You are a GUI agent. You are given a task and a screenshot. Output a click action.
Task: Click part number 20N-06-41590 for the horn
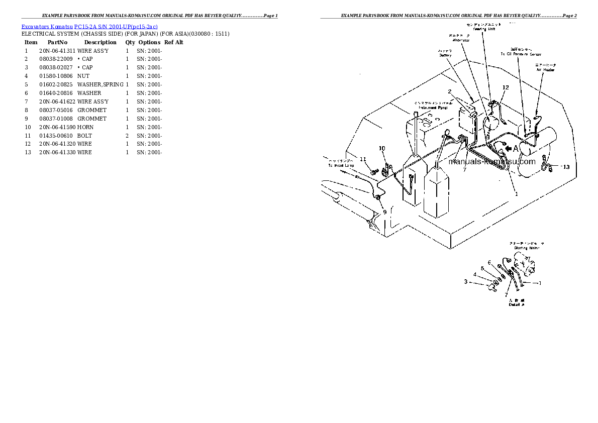click(57, 127)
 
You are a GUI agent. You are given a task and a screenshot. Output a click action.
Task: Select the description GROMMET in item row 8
click(91, 110)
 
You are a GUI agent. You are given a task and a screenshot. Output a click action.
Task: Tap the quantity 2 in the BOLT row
click(127, 136)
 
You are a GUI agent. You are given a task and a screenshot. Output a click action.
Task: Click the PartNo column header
click(57, 42)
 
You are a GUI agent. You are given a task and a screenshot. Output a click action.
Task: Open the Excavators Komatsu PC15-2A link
click(89, 26)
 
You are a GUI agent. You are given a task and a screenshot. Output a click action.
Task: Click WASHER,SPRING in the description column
click(100, 84)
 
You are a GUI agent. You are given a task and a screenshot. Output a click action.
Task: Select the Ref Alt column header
click(174, 42)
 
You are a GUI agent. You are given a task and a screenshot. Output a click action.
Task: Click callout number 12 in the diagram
click(506, 87)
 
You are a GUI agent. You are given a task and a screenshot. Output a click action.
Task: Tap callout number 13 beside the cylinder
click(566, 167)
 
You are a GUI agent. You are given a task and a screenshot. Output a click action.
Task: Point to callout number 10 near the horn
click(381, 148)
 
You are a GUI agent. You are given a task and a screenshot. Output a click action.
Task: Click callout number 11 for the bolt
click(363, 159)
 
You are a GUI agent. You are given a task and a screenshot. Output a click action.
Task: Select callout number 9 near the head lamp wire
click(384, 212)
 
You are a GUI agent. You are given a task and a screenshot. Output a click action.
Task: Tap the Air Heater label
click(545, 70)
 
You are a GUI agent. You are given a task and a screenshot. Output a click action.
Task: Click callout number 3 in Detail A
click(466, 281)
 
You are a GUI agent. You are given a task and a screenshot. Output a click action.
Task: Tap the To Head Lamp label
click(341, 165)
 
